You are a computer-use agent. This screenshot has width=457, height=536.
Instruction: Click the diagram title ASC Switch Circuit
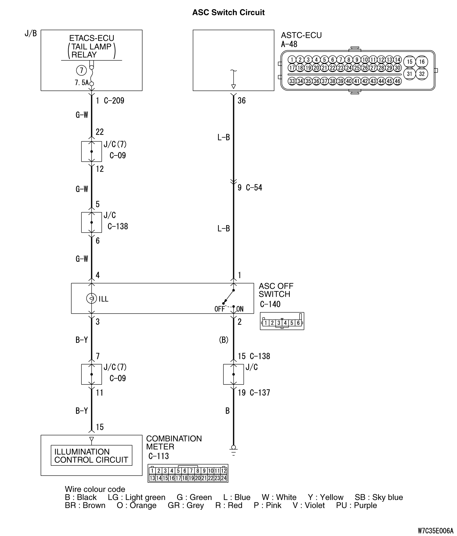pyautogui.click(x=228, y=13)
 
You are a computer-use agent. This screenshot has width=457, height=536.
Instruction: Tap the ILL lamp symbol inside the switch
pyautogui.click(x=92, y=298)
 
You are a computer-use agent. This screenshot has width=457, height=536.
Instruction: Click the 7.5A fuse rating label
pyautogui.click(x=81, y=83)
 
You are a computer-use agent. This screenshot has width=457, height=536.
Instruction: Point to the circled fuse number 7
pyautogui.click(x=81, y=71)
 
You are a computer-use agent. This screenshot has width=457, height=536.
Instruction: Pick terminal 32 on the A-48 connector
pyautogui.click(x=422, y=74)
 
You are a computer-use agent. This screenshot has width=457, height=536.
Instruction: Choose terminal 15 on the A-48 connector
pyautogui.click(x=410, y=62)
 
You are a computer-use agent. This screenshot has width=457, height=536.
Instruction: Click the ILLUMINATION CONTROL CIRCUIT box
pyautogui.click(x=91, y=456)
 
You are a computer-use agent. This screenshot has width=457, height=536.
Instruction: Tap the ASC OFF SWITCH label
pyautogui.click(x=276, y=290)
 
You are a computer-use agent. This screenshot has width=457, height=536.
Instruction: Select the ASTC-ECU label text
pyautogui.click(x=301, y=35)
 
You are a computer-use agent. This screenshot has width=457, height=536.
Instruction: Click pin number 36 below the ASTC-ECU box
pyautogui.click(x=241, y=101)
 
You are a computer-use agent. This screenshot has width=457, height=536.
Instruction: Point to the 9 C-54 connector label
pyautogui.click(x=250, y=188)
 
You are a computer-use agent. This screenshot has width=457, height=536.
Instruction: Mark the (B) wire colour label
pyautogui.click(x=224, y=340)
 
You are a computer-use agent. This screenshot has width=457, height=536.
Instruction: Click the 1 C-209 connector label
pyautogui.click(x=110, y=101)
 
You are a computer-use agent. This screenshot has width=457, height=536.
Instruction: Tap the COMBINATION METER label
pyautogui.click(x=174, y=442)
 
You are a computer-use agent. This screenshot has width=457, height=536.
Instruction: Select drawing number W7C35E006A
pyautogui.click(x=435, y=531)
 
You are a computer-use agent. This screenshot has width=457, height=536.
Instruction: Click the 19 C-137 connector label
pyautogui.click(x=254, y=393)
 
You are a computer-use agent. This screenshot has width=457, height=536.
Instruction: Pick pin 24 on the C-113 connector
pyautogui.click(x=224, y=478)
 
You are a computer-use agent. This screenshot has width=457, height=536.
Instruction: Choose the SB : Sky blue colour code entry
pyautogui.click(x=379, y=497)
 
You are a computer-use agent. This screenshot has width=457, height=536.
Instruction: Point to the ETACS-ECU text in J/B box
pyautogui.click(x=92, y=38)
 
